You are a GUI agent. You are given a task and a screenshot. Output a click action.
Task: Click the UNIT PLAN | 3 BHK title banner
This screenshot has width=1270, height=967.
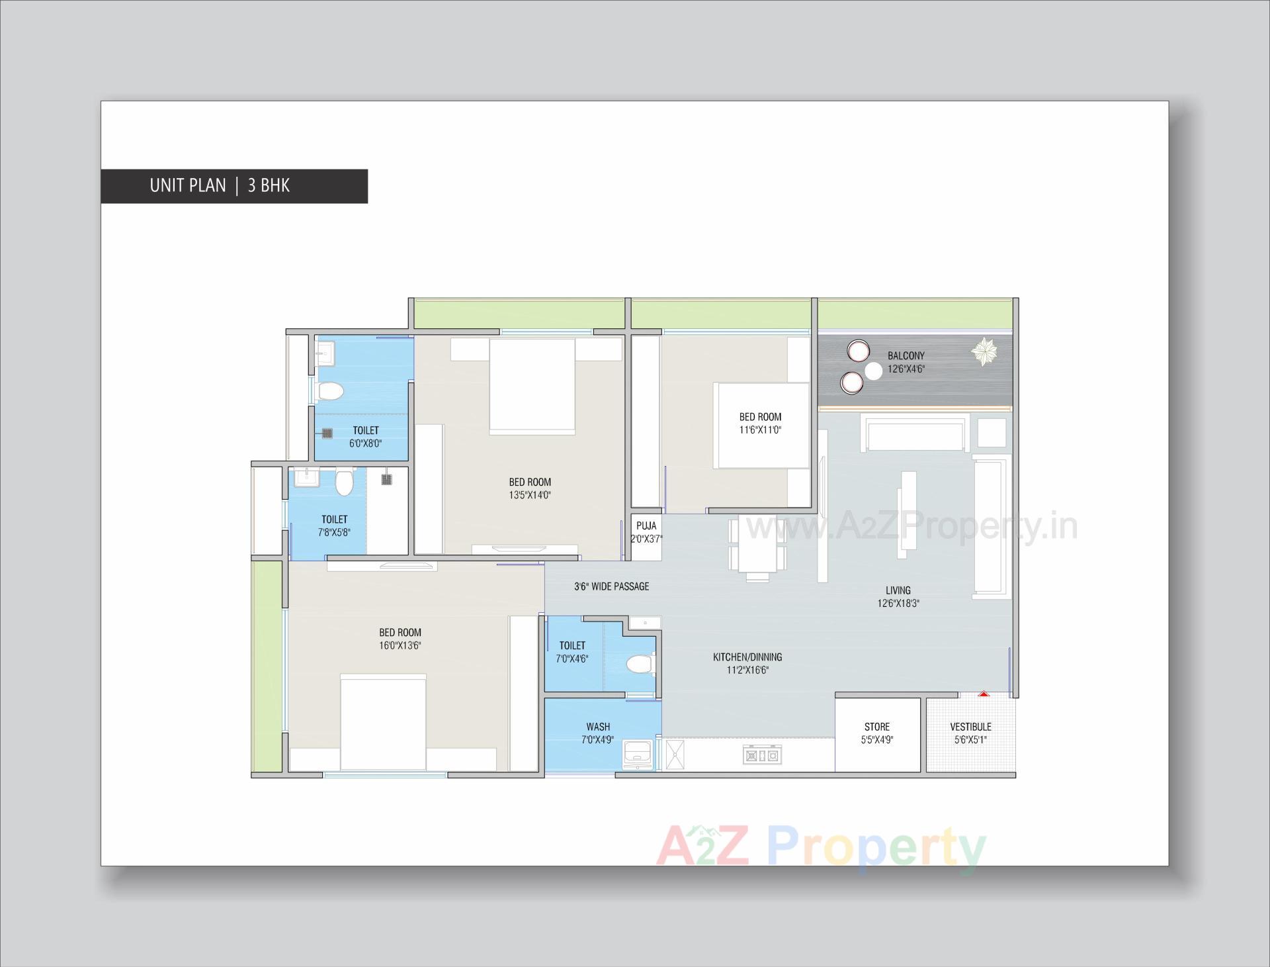point(233,186)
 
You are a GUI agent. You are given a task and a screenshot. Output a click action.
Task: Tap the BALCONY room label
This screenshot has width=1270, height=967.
point(906,356)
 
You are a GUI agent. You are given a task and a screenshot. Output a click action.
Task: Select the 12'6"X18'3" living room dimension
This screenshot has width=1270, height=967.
point(898,603)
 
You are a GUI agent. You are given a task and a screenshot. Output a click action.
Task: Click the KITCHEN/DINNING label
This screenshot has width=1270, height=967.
point(747,657)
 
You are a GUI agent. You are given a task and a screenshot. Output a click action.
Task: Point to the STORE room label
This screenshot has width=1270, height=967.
point(876,727)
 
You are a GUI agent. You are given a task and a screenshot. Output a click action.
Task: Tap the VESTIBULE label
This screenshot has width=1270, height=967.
point(970,727)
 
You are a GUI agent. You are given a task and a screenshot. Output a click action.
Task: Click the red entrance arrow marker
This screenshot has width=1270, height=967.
point(984,694)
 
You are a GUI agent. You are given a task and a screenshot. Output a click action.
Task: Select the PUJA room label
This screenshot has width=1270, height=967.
point(646,526)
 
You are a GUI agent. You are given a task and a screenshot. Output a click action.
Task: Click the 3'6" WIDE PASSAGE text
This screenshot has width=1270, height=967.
point(611,586)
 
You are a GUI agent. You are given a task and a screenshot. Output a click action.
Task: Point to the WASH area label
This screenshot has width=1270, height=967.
point(598,727)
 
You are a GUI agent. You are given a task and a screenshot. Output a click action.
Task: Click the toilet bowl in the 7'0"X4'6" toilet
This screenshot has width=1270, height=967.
point(640,663)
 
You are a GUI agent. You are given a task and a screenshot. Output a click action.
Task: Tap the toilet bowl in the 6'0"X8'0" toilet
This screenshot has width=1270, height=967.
point(329,392)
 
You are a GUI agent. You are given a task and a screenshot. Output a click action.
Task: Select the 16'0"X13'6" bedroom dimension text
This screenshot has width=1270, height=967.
point(400,645)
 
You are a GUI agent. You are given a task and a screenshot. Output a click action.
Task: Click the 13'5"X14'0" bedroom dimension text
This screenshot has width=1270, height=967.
point(530,494)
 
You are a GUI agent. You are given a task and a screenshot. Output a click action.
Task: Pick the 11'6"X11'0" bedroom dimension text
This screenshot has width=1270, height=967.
point(760,430)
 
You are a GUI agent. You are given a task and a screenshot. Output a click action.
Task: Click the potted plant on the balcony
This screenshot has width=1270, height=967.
point(984,351)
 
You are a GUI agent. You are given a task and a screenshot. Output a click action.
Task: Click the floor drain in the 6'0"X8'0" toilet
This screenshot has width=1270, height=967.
point(327,433)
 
